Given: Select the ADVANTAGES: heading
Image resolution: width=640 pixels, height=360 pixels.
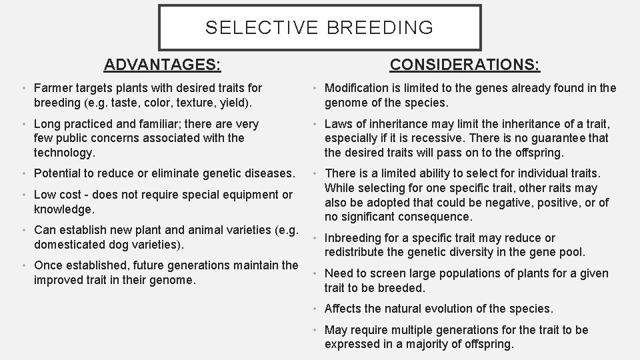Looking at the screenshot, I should click(x=163, y=65).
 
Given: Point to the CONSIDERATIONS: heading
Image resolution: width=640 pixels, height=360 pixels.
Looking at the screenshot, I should click(x=465, y=65).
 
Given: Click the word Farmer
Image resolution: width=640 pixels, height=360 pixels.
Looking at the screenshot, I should click(x=54, y=88).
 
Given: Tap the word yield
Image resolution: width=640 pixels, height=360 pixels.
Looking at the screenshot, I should click(x=241, y=102).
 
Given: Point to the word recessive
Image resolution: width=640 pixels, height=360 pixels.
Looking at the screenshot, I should click(x=440, y=138).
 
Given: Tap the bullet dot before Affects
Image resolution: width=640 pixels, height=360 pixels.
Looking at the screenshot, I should click(x=315, y=309).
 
